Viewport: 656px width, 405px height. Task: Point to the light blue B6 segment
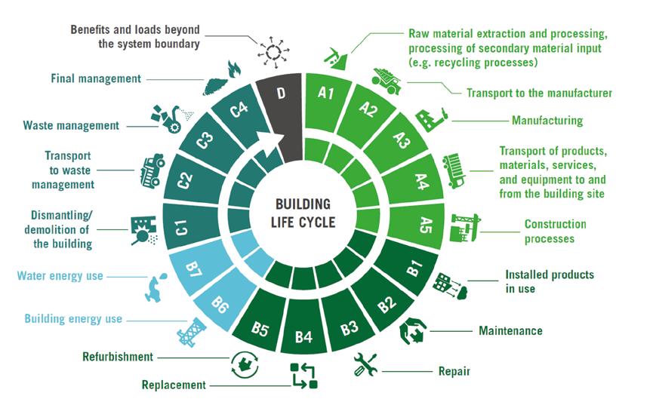[x=219, y=305]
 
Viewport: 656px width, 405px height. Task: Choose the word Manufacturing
[x=547, y=120]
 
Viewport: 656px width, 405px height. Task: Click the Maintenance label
[x=510, y=330]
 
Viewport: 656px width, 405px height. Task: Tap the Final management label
[x=96, y=78]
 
